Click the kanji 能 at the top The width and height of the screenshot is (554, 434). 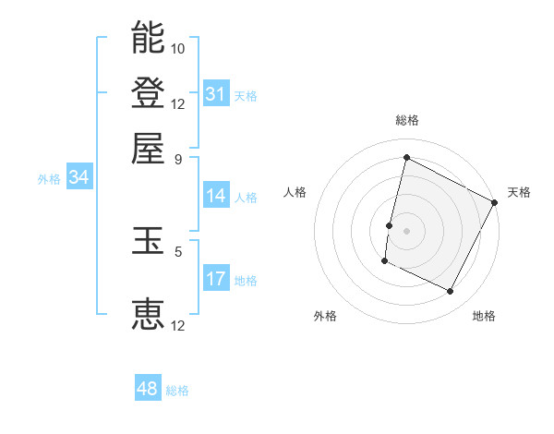point(148,38)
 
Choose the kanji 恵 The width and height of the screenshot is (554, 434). point(148,315)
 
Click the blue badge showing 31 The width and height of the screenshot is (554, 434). point(216,94)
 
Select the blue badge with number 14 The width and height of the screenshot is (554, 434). point(216,196)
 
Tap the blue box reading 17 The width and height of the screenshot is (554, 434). point(216,279)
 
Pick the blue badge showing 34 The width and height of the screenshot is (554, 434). point(78,178)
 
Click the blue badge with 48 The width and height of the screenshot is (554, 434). point(148,389)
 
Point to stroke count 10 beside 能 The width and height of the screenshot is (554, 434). point(178,48)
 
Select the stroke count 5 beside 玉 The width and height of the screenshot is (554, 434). point(178,249)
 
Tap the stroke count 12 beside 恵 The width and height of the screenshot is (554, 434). point(178,325)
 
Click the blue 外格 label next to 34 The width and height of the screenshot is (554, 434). point(49,179)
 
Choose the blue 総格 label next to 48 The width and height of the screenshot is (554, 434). point(177,391)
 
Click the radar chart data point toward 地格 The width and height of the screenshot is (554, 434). point(451,292)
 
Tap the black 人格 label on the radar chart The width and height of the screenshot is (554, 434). point(295,192)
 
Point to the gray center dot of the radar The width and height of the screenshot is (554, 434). point(406,230)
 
